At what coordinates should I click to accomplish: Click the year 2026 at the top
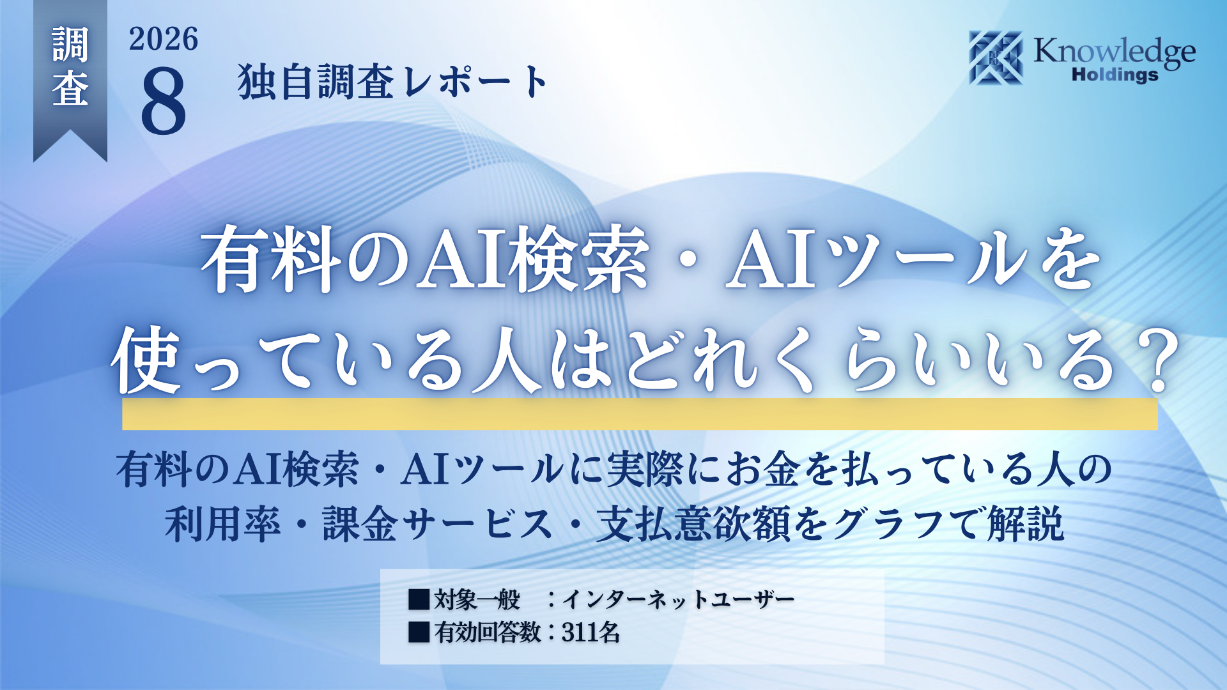(x=164, y=39)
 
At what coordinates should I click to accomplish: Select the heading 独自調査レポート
(x=392, y=82)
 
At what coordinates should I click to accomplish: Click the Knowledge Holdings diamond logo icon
(x=996, y=57)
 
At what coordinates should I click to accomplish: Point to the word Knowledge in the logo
(x=1115, y=51)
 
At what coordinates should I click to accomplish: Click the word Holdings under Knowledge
(x=1115, y=75)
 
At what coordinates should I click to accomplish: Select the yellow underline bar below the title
(x=640, y=414)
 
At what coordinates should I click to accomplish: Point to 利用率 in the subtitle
(x=222, y=524)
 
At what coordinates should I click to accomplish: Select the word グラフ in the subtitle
(x=888, y=524)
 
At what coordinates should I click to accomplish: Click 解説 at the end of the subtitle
(x=1026, y=524)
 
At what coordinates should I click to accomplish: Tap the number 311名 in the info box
(x=590, y=632)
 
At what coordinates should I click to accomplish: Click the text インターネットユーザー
(x=678, y=599)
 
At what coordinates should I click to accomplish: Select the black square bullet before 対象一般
(x=419, y=599)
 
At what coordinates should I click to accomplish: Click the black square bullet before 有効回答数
(x=419, y=632)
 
